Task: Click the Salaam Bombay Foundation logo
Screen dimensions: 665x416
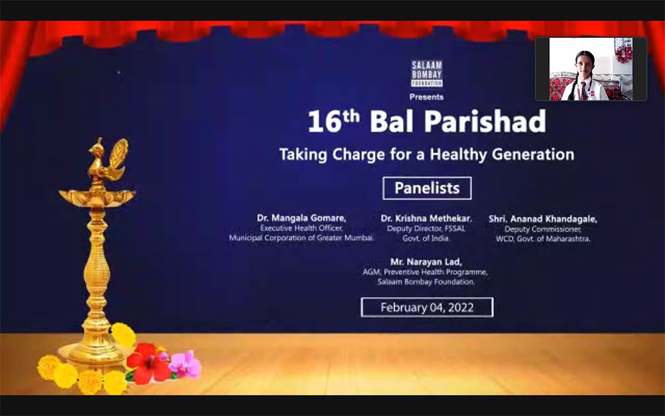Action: (427, 73)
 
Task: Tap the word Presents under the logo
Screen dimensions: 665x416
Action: (427, 97)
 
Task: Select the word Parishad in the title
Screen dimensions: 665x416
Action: (485, 121)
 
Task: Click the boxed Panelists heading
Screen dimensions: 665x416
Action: (427, 188)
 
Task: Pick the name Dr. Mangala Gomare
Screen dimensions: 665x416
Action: (301, 218)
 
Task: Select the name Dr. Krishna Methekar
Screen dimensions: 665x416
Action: (426, 218)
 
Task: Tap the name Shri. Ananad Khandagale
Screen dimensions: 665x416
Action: (543, 219)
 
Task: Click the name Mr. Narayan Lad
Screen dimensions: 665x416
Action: (426, 262)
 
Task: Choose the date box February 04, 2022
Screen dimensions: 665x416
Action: (427, 308)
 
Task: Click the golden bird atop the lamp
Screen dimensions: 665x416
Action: (107, 158)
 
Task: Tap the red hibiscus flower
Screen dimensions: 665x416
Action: (149, 362)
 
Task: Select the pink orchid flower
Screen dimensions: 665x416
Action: (186, 364)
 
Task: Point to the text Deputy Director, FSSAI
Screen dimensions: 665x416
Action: (426, 229)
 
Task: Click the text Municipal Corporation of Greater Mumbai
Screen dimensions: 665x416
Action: (301, 238)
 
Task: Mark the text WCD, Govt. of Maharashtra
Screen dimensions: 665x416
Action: (543, 239)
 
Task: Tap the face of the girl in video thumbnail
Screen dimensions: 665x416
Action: (584, 63)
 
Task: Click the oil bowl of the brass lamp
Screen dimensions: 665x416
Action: (97, 198)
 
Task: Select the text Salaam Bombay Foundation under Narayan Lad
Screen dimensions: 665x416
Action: (426, 282)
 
